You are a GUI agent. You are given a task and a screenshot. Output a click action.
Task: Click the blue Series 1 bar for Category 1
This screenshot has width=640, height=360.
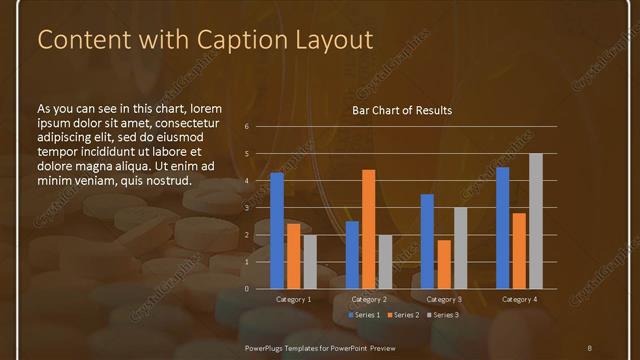277,230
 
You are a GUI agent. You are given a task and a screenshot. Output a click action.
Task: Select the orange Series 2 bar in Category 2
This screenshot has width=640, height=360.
368,229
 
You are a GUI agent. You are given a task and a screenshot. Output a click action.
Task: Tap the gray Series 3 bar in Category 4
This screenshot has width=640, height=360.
535,221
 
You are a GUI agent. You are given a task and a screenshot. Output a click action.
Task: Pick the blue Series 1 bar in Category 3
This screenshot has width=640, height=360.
427,241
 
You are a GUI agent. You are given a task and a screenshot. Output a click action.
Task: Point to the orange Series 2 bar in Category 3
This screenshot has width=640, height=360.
444,264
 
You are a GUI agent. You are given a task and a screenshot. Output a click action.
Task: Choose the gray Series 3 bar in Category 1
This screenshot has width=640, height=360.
309,262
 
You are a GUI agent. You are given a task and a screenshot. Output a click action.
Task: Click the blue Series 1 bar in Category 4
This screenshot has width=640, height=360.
502,227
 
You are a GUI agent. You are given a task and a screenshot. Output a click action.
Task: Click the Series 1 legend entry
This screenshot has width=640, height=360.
365,315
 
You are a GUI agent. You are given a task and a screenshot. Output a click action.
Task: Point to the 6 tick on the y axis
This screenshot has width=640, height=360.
247,127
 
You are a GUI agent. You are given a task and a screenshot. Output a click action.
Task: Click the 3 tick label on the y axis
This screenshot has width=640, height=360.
247,208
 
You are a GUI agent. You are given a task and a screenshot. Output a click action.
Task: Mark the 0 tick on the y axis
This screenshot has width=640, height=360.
247,289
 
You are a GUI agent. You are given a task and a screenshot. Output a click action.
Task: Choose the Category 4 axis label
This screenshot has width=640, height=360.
518,299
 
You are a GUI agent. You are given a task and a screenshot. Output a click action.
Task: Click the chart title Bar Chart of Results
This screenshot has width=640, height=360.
402,110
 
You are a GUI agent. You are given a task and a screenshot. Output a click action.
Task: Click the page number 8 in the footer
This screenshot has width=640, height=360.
589,346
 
